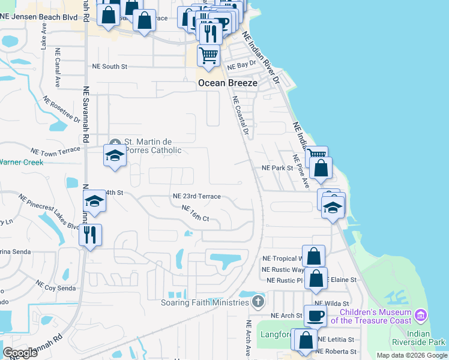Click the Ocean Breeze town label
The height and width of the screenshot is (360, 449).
[x=228, y=83]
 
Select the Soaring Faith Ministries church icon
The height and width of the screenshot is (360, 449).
[x=258, y=301]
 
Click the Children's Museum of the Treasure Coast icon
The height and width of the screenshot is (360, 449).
[x=421, y=316]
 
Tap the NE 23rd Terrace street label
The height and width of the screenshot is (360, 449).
[x=196, y=196]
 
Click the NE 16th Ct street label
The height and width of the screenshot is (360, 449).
[x=195, y=213]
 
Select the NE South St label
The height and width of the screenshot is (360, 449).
[x=109, y=67]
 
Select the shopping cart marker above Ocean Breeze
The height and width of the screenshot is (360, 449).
[x=208, y=55]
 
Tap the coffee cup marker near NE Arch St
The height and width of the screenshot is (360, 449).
[x=315, y=315]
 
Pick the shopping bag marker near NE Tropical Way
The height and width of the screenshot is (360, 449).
[x=313, y=256]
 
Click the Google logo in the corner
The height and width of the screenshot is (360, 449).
[x=20, y=353]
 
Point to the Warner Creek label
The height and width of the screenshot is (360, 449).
[x=22, y=162]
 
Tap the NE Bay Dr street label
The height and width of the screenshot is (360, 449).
[x=243, y=63]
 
